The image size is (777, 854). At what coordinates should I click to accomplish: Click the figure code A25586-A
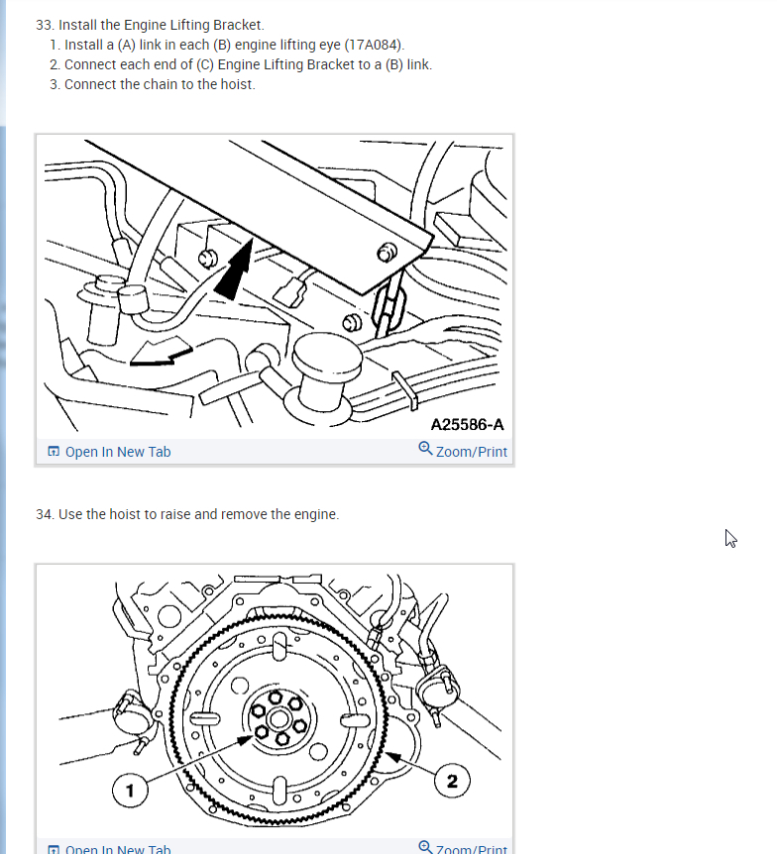(x=467, y=424)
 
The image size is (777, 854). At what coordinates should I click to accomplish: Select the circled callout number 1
(x=130, y=791)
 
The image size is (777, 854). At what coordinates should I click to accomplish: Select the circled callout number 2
(x=452, y=781)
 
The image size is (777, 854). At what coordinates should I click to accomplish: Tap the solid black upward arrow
(x=235, y=269)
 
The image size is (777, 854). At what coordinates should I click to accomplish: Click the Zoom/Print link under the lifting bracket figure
(x=472, y=452)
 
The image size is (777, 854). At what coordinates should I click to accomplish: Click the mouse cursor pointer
(x=730, y=538)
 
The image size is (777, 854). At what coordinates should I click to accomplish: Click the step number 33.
(x=45, y=25)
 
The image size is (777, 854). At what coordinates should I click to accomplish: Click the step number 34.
(x=45, y=514)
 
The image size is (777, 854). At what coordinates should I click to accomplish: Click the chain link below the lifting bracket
(x=388, y=308)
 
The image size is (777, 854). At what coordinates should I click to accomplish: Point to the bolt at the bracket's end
(x=387, y=253)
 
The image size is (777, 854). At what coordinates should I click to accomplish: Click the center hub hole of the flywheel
(x=279, y=719)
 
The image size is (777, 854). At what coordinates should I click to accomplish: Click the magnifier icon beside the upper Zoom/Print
(x=425, y=449)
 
